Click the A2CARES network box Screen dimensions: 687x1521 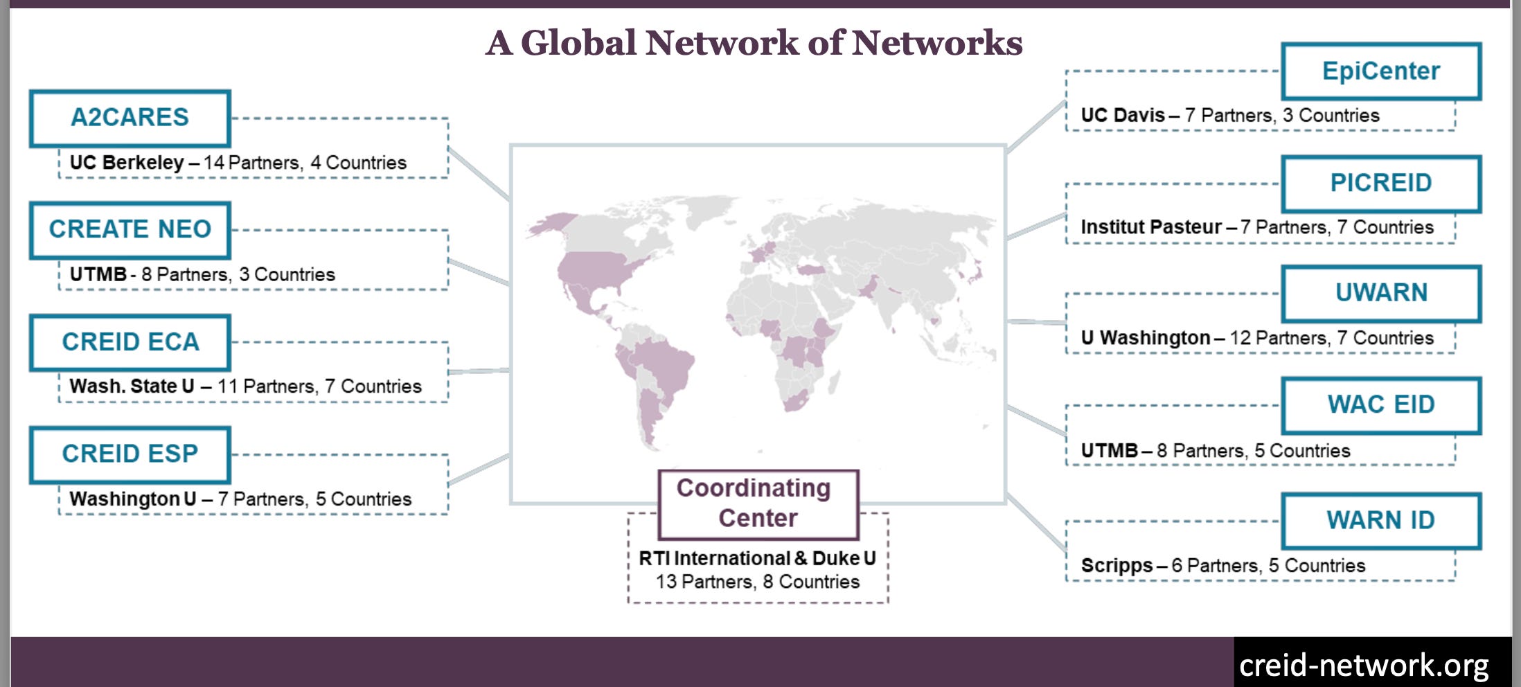coord(130,118)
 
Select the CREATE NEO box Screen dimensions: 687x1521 coord(130,229)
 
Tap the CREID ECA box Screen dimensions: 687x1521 coord(130,342)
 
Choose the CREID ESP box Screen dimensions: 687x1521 coord(130,454)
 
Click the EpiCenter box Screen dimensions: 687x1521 coord(1380,71)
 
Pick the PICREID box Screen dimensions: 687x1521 coord(1380,183)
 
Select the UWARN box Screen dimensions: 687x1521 coord(1380,293)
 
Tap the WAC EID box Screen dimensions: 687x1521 coord(1380,404)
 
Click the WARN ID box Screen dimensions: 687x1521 coord(1380,520)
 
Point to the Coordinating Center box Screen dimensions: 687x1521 coord(758,503)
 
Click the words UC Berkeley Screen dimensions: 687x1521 coord(127,163)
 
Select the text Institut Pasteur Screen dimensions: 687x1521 coord(1151,227)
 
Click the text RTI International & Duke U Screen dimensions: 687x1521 coord(757,558)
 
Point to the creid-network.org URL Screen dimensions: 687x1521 coord(1363,666)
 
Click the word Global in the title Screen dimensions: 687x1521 coord(578,43)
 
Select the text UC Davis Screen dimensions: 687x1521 coord(1123,116)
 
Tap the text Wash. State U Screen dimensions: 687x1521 coord(132,386)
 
